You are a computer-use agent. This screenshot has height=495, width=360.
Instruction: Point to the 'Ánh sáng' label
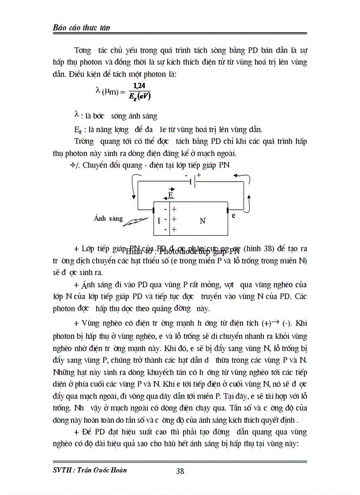point(109,219)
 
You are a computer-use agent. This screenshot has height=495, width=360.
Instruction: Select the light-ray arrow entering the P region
point(135,222)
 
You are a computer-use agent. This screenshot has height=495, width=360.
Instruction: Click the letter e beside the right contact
point(233,215)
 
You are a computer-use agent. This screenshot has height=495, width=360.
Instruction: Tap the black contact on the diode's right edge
point(228,210)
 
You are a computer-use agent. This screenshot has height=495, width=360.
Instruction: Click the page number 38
point(180,471)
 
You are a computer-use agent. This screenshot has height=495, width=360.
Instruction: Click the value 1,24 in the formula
point(126,86)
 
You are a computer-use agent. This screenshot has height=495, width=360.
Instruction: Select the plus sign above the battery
point(199,175)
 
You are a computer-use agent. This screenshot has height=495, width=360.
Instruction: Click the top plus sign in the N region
point(174,210)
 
